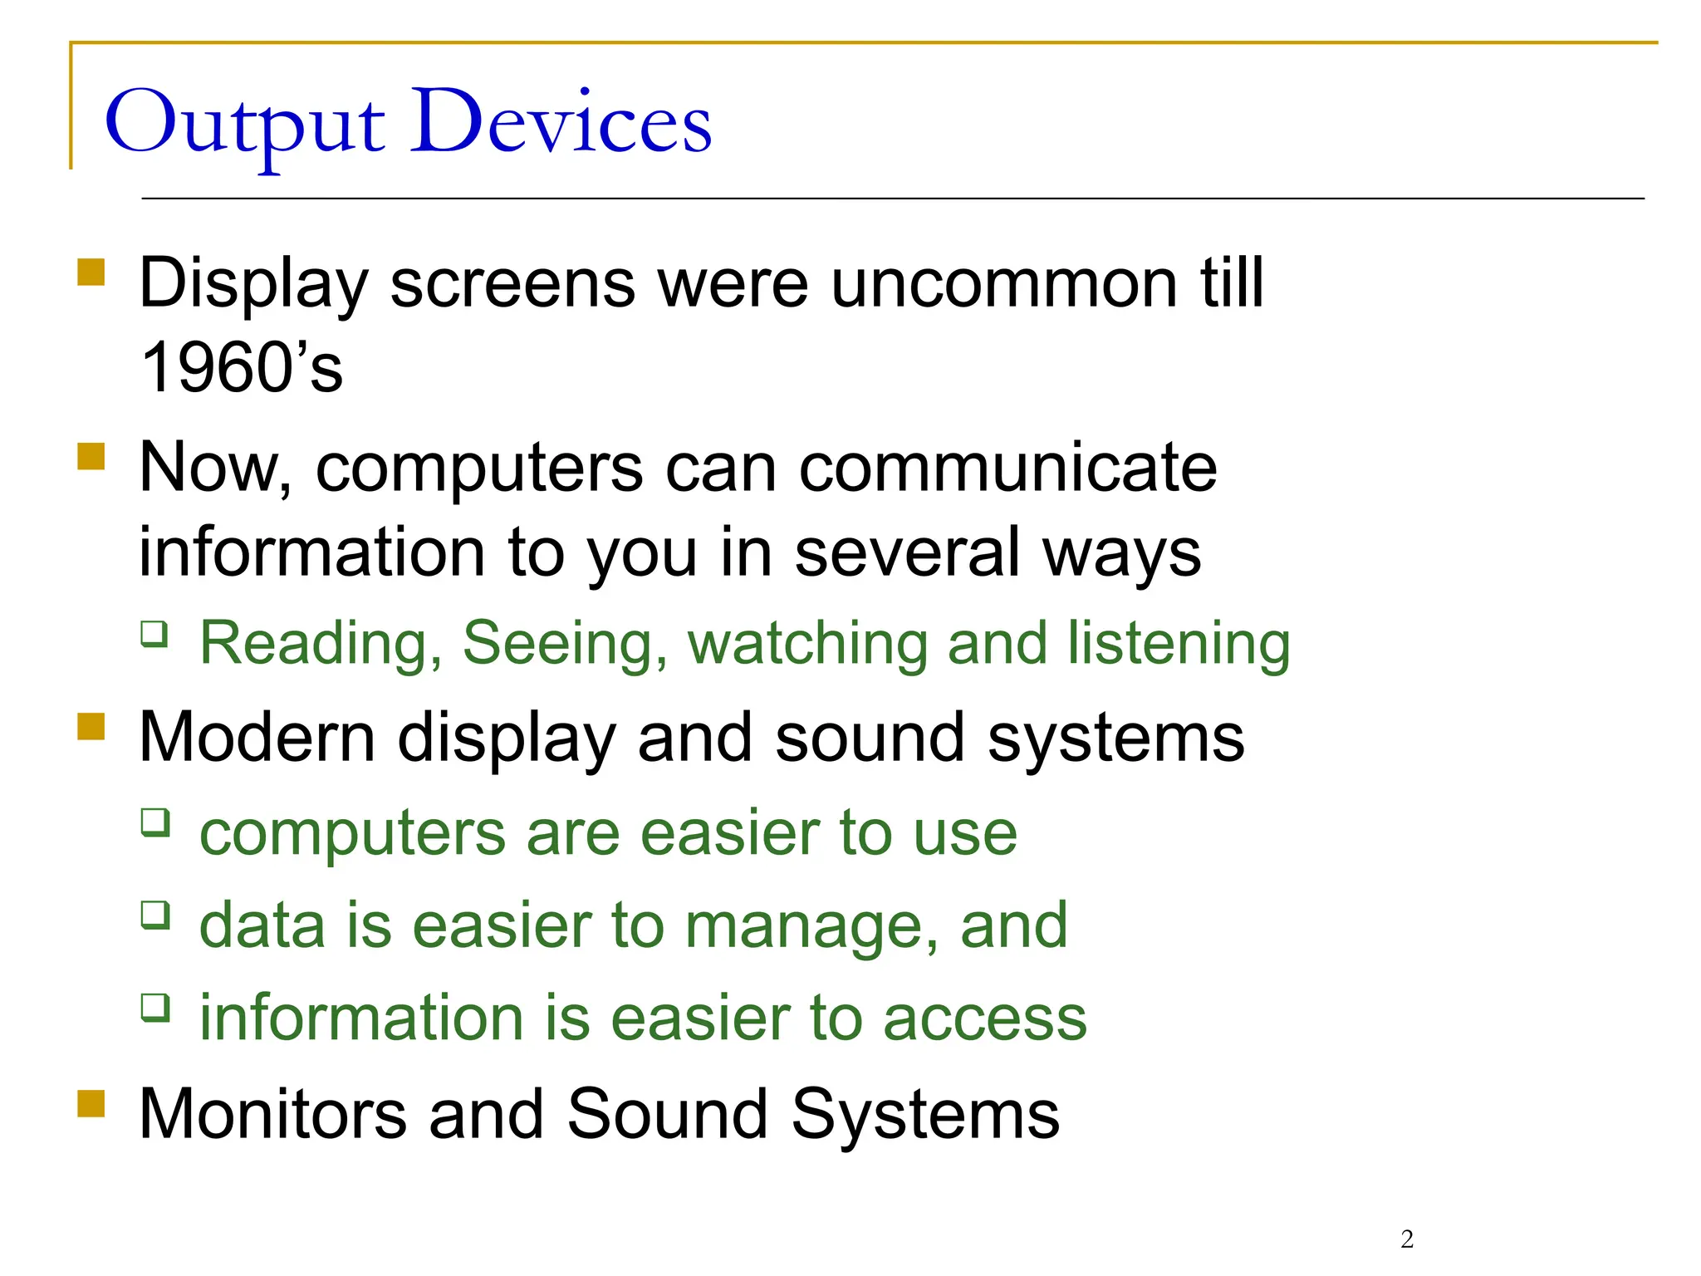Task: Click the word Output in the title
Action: (x=245, y=125)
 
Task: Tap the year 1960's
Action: (x=242, y=367)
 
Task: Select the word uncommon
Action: (x=1004, y=283)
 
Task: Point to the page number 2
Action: (x=1407, y=1239)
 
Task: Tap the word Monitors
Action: (x=273, y=1114)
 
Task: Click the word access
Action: (x=984, y=1018)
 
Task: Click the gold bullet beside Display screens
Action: (x=91, y=272)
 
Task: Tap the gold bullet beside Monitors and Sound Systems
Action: (x=91, y=1104)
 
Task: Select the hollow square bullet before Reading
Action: (x=154, y=635)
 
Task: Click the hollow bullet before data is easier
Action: (x=154, y=915)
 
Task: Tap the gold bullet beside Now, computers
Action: (x=91, y=457)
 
